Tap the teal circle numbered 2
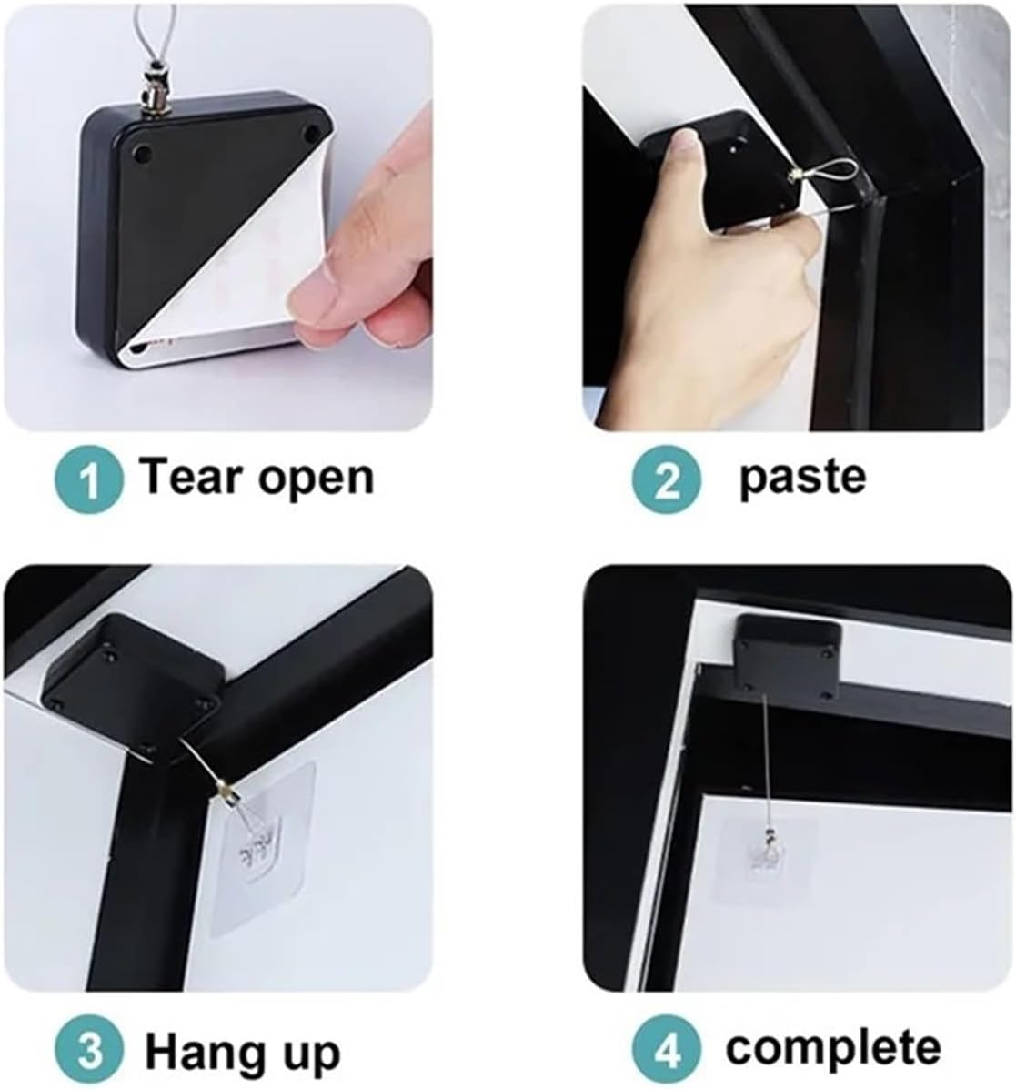point(669,479)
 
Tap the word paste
point(801,477)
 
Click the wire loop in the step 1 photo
point(168,27)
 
